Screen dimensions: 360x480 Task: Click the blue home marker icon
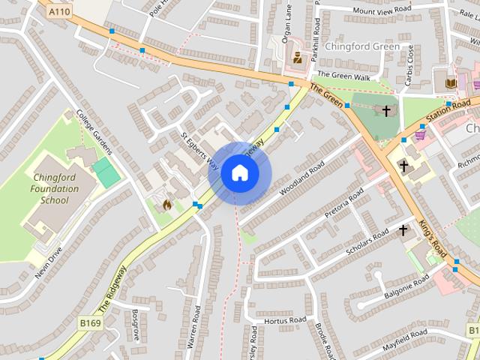click(240, 173)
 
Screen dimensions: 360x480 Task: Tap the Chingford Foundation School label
click(55, 189)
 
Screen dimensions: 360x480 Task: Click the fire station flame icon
click(167, 203)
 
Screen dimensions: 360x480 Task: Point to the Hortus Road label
click(286, 320)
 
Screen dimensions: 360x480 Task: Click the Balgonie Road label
click(405, 285)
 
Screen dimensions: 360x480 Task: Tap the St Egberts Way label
click(199, 151)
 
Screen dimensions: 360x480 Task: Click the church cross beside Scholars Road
click(403, 229)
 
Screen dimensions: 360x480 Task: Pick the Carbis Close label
click(409, 63)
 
